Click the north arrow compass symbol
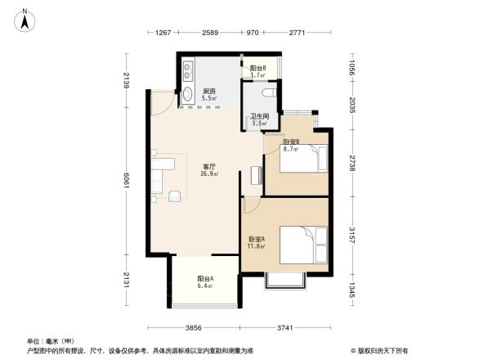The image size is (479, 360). coord(25,19)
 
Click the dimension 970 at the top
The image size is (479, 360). coord(253,33)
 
